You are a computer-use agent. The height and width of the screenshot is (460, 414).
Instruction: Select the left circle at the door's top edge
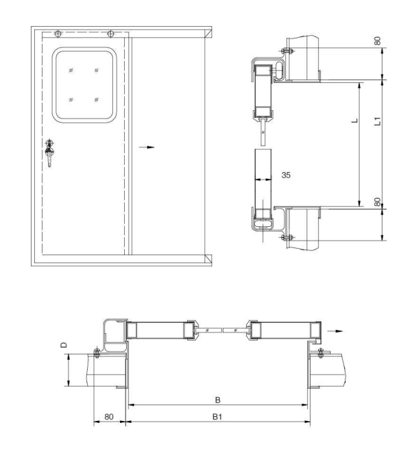(x=58, y=34)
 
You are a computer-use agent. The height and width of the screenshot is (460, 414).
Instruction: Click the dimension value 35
(x=287, y=175)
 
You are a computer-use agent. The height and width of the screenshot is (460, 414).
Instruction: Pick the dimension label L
(x=353, y=121)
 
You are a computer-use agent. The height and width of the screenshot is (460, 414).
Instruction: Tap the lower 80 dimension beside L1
(x=378, y=203)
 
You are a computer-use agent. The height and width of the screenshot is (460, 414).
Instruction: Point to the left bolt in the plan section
(x=97, y=353)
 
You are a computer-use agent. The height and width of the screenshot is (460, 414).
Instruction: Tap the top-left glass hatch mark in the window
(x=71, y=70)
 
